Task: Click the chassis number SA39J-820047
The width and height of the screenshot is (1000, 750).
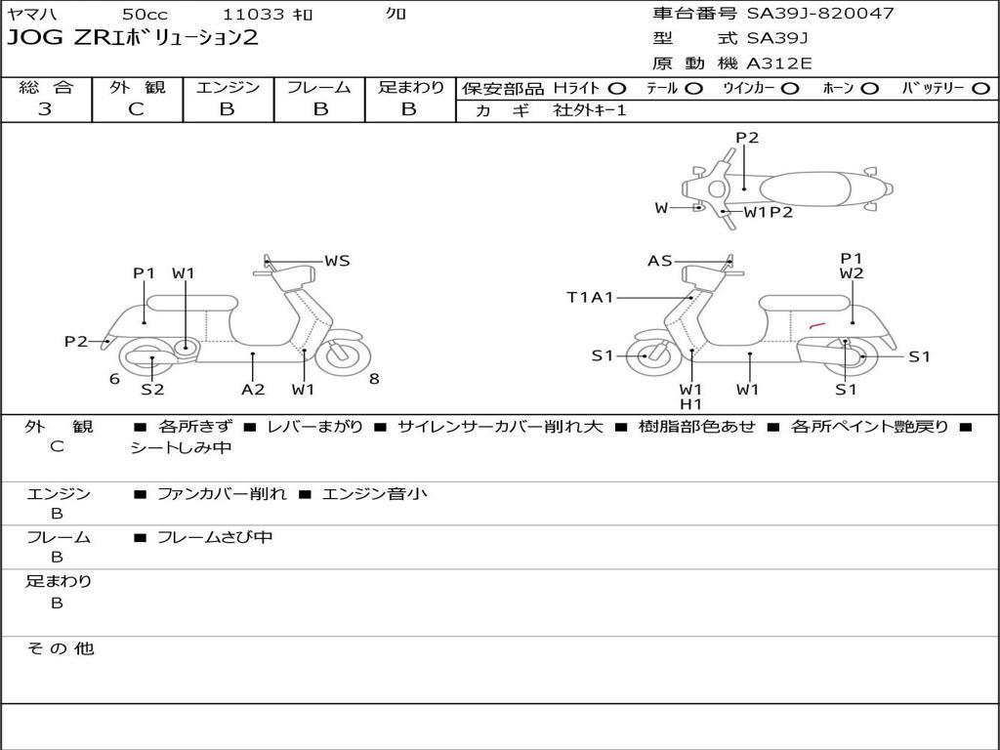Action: click(820, 13)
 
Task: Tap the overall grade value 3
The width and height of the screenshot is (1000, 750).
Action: click(45, 109)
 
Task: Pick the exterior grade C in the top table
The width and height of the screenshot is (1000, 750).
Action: click(137, 109)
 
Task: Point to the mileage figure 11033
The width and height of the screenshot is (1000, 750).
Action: click(253, 14)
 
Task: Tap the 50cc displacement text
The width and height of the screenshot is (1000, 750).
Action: click(145, 14)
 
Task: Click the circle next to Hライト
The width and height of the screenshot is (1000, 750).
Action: click(617, 89)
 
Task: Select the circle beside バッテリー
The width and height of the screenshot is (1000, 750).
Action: click(980, 89)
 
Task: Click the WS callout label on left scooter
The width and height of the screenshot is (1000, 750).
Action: click(337, 261)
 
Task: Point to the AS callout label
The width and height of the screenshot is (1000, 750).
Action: click(660, 261)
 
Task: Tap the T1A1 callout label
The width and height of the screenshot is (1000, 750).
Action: click(590, 297)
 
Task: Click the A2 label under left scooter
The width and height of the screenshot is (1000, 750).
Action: click(253, 389)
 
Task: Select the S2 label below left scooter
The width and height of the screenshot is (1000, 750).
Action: click(152, 389)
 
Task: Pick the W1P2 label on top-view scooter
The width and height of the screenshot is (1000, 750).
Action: click(769, 212)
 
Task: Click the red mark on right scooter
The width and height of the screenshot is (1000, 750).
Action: click(817, 326)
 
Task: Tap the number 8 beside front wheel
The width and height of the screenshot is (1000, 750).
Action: click(374, 379)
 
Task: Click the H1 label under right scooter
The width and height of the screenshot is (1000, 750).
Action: click(690, 403)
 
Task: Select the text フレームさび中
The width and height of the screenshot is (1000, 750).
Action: click(215, 538)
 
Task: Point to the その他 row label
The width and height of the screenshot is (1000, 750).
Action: click(61, 648)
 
